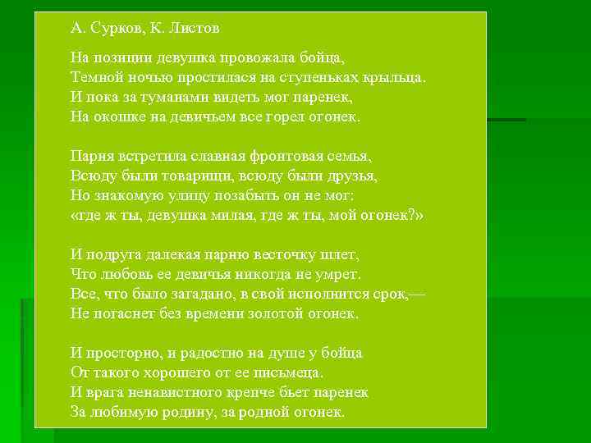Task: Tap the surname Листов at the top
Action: click(x=195, y=29)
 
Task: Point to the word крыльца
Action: click(x=395, y=78)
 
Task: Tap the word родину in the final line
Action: click(x=182, y=411)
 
